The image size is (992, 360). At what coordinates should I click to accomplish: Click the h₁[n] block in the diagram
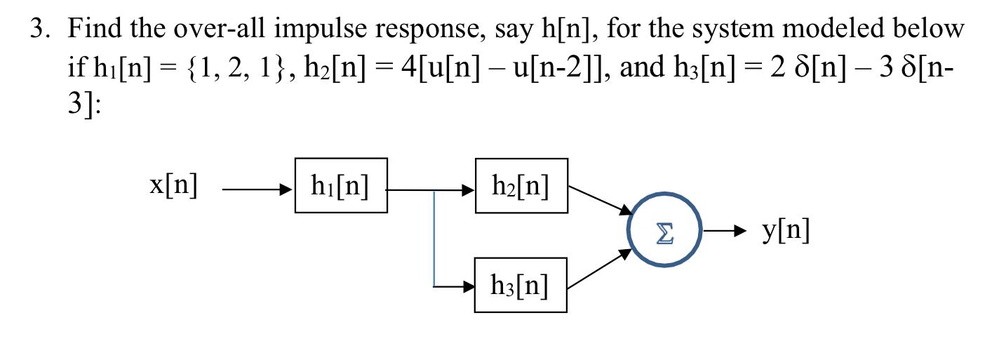coord(341,185)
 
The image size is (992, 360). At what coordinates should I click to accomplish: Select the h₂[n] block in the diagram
coord(521,185)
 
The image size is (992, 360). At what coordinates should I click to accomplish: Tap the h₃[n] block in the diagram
coord(521,285)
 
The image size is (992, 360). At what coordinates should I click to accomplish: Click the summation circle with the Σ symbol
coord(664,230)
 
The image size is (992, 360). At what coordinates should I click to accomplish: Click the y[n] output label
coord(784,231)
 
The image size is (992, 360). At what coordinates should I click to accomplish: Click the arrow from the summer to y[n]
coord(723,231)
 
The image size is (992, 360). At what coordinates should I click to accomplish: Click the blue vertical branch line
coord(434,239)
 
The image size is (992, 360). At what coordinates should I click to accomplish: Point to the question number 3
coord(40,29)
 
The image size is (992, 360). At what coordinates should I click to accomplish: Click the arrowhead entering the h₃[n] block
coord(467,286)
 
